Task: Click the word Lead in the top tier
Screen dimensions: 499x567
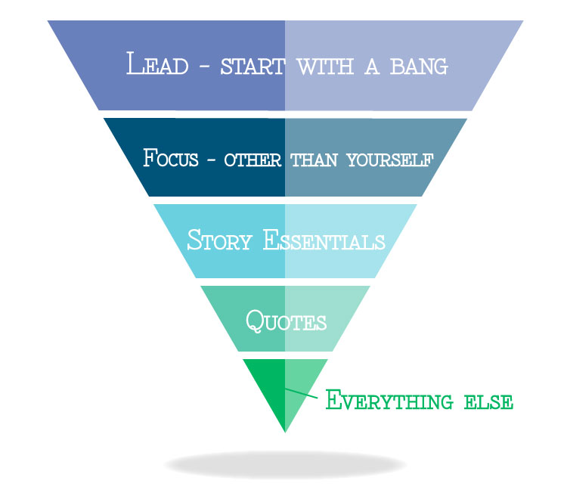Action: click(156, 65)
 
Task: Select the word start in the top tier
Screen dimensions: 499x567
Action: click(253, 67)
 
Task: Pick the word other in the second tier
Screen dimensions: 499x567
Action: click(253, 160)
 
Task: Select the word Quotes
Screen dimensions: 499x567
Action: click(286, 321)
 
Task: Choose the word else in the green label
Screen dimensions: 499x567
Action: click(491, 401)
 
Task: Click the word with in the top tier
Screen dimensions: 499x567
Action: click(318, 67)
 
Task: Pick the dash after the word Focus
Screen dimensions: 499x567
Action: click(212, 160)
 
